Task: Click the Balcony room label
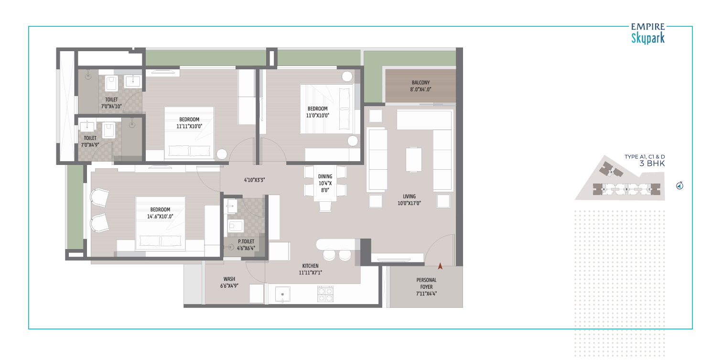pos(420,83)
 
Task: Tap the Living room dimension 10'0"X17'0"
pos(409,203)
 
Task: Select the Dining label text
pos(325,176)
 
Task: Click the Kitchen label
pos(310,266)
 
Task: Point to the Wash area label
pos(229,279)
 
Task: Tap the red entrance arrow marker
pos(440,266)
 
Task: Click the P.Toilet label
pos(246,241)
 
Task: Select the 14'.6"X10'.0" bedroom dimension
pos(160,217)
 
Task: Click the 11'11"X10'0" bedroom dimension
pos(189,126)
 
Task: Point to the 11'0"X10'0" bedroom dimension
pos(317,116)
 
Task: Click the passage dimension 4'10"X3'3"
pos(254,180)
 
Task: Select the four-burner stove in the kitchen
pos(325,294)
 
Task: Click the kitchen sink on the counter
pos(282,294)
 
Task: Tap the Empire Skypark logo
pos(648,33)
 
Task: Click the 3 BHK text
pos(652,164)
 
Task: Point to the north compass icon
pos(680,185)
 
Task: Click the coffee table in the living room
pos(413,160)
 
